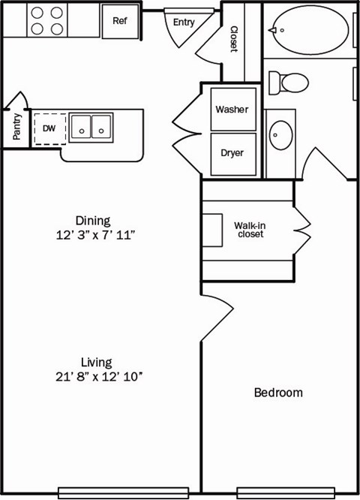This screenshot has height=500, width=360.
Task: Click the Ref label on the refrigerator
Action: pyautogui.click(x=120, y=21)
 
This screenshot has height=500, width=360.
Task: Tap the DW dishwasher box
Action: pyautogui.click(x=49, y=129)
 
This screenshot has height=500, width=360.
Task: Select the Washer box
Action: pyautogui.click(x=232, y=110)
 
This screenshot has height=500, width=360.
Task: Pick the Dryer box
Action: pyautogui.click(x=232, y=153)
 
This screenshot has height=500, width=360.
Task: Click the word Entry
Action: pyautogui.click(x=184, y=23)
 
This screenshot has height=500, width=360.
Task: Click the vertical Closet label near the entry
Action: pyautogui.click(x=233, y=39)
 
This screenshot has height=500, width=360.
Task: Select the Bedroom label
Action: pyautogui.click(x=278, y=393)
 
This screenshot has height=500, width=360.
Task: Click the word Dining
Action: pyautogui.click(x=93, y=221)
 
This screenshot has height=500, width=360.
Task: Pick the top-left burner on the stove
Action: pyautogui.click(x=37, y=13)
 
